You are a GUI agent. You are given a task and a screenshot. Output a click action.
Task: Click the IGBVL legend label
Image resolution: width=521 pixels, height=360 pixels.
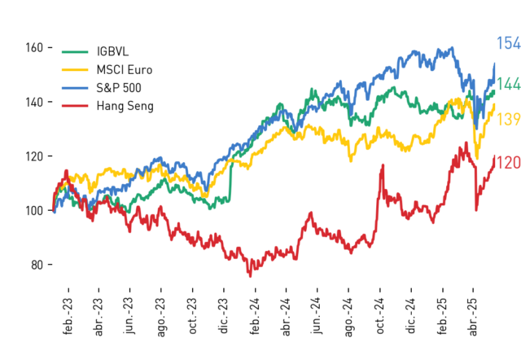pyautogui.click(x=112, y=51)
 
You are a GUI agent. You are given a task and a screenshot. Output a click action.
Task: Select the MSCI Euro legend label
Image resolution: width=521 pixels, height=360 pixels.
pyautogui.click(x=125, y=70)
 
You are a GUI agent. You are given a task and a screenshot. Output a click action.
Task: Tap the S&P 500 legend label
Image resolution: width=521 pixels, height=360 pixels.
pyautogui.click(x=119, y=88)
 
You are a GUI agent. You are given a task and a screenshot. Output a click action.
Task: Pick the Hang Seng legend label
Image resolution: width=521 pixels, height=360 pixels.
pyautogui.click(x=125, y=106)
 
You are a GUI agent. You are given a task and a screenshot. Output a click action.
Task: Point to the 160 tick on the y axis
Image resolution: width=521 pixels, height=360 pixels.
pyautogui.click(x=34, y=48)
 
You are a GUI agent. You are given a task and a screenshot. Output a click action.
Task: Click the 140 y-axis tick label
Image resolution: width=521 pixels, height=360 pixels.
pyautogui.click(x=34, y=102)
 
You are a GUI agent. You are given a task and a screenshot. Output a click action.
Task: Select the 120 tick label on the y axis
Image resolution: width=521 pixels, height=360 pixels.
pyautogui.click(x=34, y=156)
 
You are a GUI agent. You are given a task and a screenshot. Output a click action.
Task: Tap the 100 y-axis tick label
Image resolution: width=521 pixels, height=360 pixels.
pyautogui.click(x=34, y=210)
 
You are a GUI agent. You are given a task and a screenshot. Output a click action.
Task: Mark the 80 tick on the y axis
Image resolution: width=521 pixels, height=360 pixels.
pyautogui.click(x=37, y=265)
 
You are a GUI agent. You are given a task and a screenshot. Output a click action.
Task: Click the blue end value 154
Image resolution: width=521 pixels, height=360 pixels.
pyautogui.click(x=508, y=43)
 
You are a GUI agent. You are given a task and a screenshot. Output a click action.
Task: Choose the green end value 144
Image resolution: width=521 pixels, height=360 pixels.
pyautogui.click(x=508, y=84)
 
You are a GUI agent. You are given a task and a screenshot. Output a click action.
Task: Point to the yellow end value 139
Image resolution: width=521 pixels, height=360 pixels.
pyautogui.click(x=508, y=119)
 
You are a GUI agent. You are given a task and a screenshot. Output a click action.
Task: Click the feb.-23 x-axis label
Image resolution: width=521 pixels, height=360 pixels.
pyautogui.click(x=68, y=316)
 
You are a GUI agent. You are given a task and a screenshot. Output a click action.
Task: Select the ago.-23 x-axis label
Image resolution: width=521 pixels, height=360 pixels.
pyautogui.click(x=161, y=318)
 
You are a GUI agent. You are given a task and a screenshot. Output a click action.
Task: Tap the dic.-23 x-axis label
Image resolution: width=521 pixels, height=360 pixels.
pyautogui.click(x=224, y=315)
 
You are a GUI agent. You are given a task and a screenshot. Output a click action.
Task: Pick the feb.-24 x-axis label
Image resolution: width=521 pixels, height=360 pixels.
pyautogui.click(x=255, y=316)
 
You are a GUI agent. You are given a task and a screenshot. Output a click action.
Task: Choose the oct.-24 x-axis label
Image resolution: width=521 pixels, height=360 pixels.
pyautogui.click(x=380, y=316)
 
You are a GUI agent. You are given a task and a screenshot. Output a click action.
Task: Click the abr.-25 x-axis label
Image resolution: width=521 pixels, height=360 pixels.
pyautogui.click(x=474, y=317)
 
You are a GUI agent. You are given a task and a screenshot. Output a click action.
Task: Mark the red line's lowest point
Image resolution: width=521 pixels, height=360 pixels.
pyautogui.click(x=250, y=276)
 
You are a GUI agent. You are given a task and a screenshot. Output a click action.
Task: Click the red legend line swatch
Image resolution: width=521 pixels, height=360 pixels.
pyautogui.click(x=75, y=106)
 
